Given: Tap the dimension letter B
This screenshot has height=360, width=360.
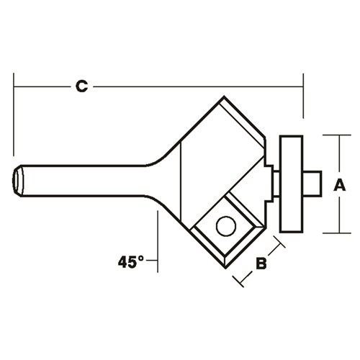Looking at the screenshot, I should tap(261, 264).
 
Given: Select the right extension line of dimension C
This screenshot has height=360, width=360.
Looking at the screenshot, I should tap(304, 94).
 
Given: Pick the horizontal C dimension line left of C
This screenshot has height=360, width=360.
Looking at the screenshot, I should tap(43, 87).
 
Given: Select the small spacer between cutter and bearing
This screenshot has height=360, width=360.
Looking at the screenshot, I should tap(271, 180).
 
